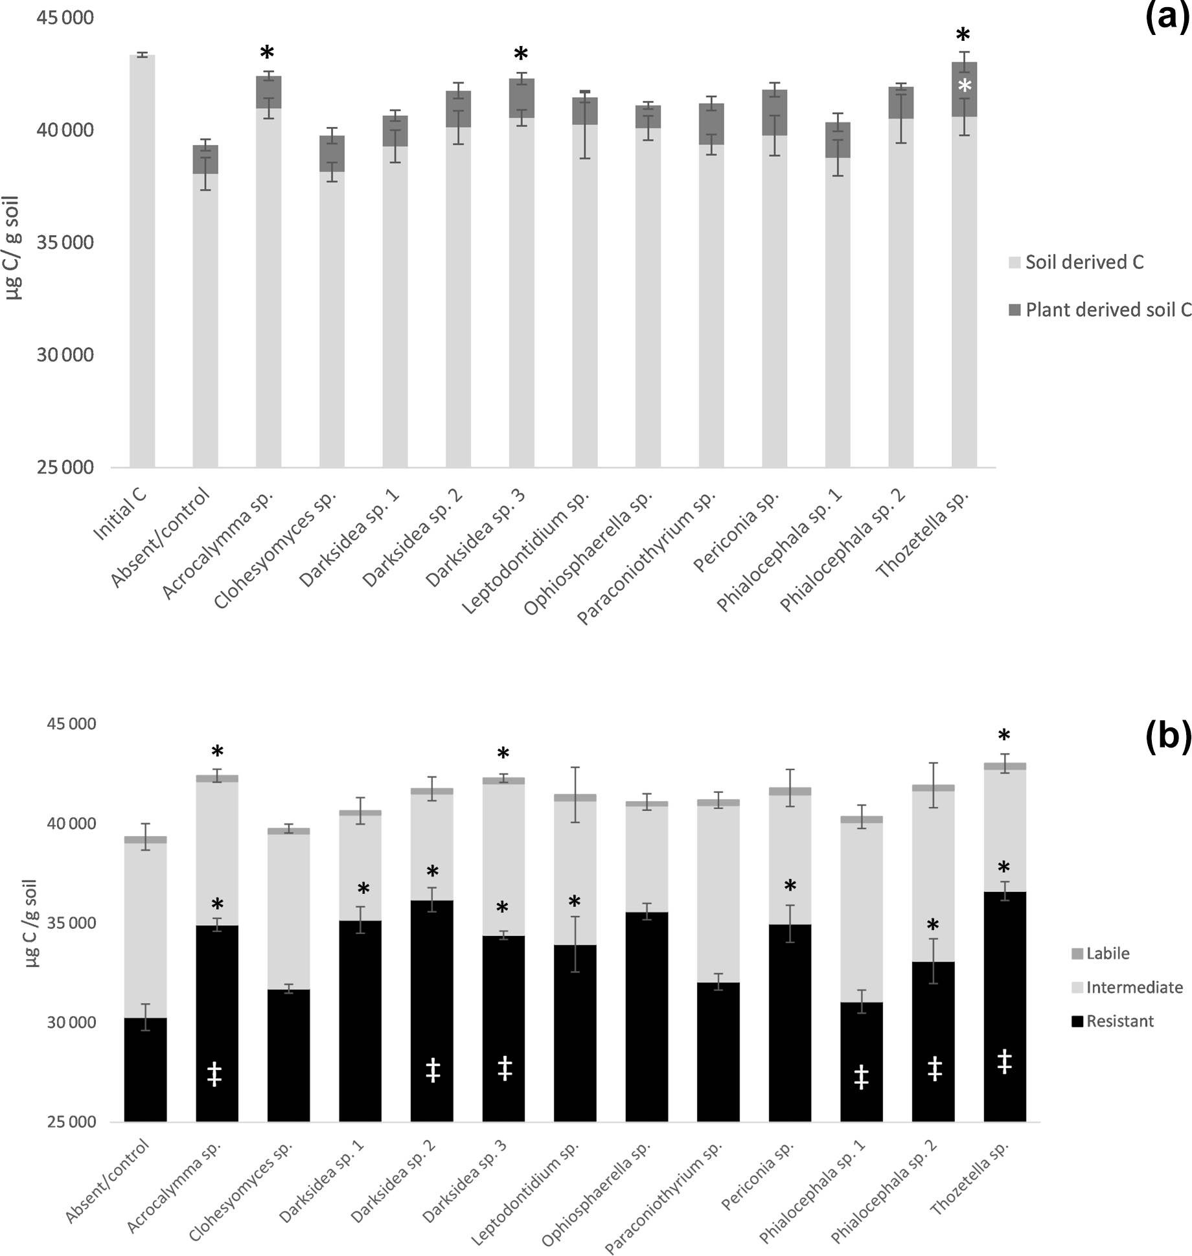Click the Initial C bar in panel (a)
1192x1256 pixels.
pyautogui.click(x=142, y=259)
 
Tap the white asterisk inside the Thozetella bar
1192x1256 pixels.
pyautogui.click(x=965, y=86)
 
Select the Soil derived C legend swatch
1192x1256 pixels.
pyautogui.click(x=1014, y=262)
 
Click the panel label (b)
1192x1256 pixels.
pyautogui.click(x=1167, y=737)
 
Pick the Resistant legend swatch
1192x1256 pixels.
pyautogui.click(x=1077, y=1022)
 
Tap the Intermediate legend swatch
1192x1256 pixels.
pyautogui.click(x=1077, y=988)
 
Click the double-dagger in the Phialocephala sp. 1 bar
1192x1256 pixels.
pyautogui.click(x=861, y=1076)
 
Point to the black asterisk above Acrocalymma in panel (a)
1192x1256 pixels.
pyautogui.click(x=268, y=53)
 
